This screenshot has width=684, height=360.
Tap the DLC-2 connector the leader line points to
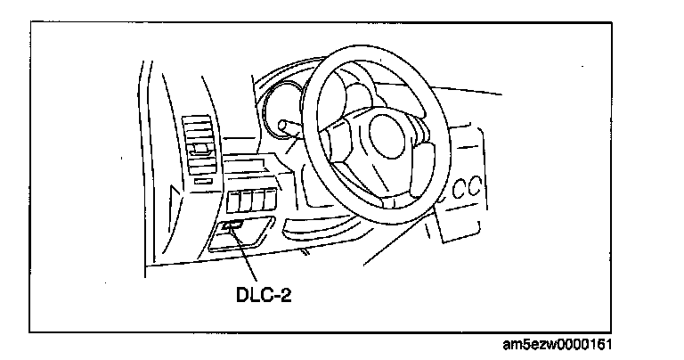point(232,228)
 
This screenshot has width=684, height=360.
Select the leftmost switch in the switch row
point(235,201)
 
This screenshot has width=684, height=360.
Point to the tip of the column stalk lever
point(282,125)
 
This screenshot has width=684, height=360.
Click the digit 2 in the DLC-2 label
point(287,293)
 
